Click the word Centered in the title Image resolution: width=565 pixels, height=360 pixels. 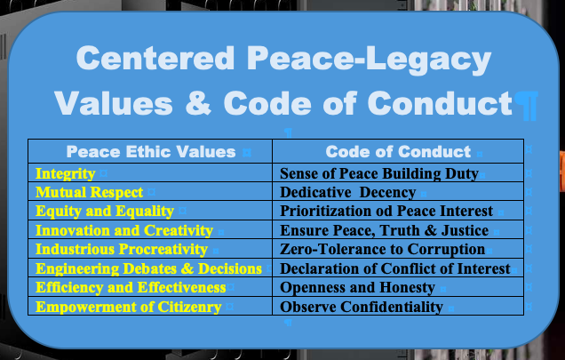155,58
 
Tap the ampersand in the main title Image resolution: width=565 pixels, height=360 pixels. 198,103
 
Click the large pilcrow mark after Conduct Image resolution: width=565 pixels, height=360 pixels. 526,106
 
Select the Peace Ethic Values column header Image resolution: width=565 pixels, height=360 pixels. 151,152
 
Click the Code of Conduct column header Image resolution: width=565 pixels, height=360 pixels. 398,152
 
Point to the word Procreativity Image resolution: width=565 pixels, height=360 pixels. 163,249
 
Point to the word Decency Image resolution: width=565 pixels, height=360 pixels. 387,193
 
